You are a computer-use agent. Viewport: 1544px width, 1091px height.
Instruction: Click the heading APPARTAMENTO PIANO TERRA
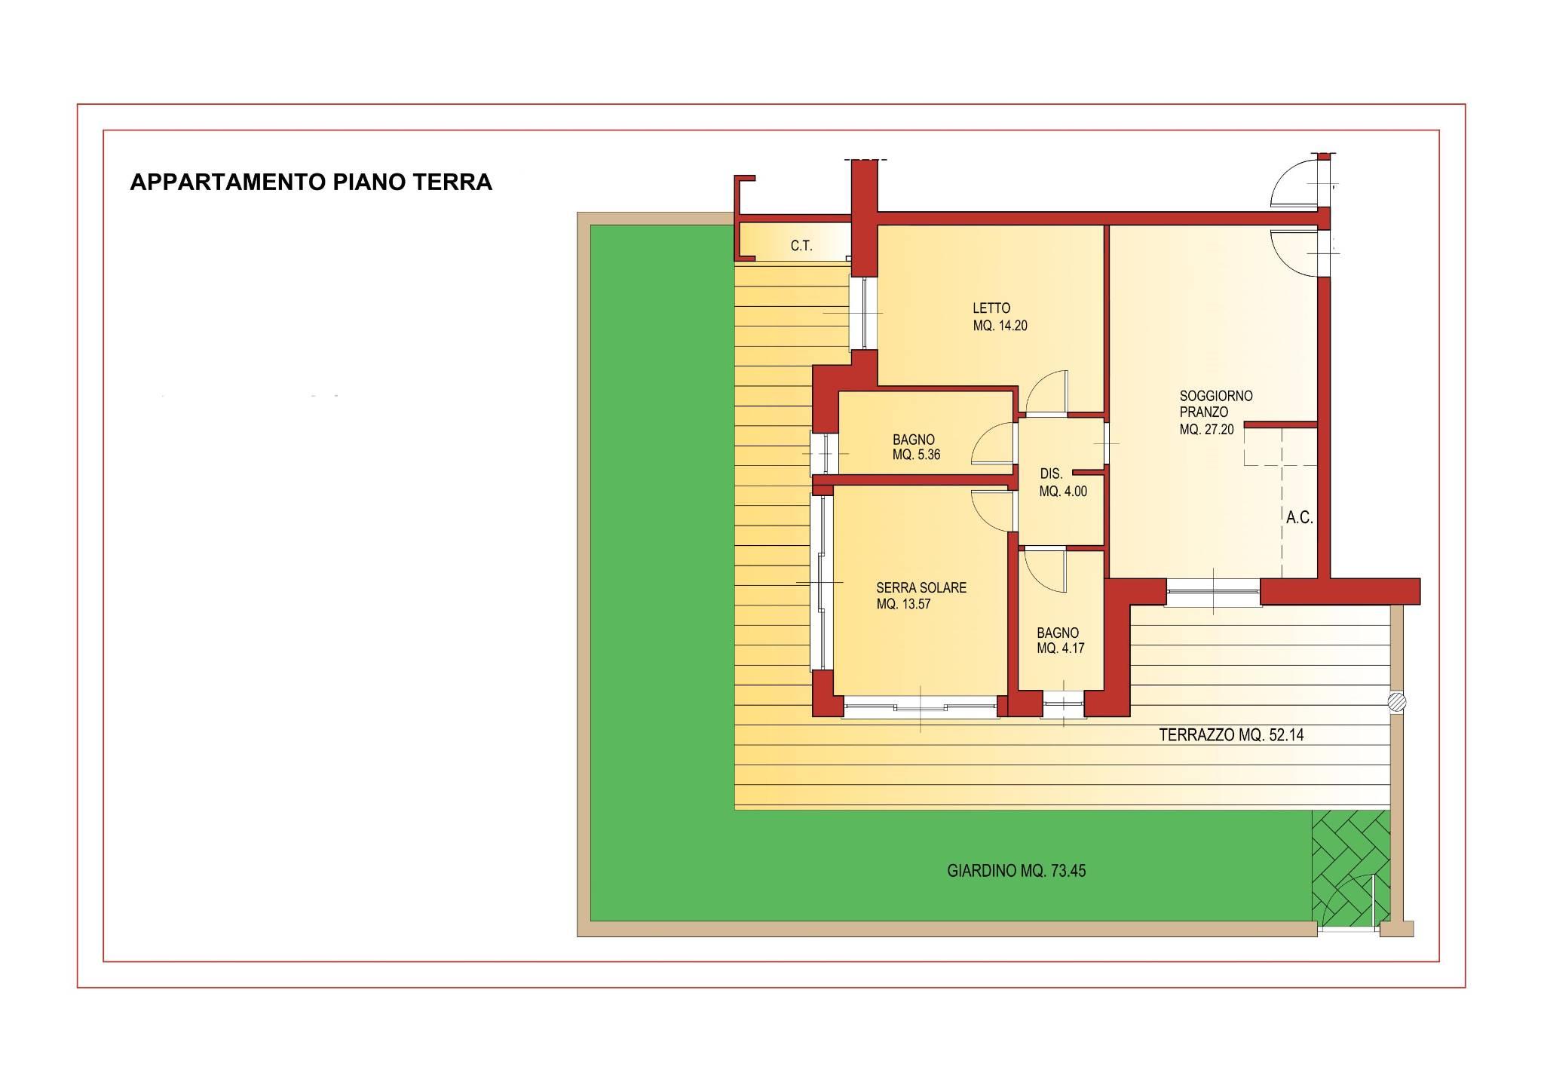pos(311,182)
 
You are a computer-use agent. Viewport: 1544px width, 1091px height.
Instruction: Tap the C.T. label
pos(801,246)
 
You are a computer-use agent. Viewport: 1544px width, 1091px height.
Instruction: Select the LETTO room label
pos(991,308)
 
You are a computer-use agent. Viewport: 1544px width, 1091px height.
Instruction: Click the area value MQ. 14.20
pos(1000,326)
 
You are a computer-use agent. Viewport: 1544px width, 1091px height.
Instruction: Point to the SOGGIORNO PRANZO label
pos(1205,404)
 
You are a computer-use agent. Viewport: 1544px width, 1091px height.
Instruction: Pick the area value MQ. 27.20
pos(1207,430)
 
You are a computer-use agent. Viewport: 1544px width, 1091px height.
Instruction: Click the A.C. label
pos(1300,518)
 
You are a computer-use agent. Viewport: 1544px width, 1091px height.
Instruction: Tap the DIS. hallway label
pos(1051,474)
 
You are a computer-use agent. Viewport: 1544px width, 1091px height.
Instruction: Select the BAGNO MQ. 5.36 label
pos(916,447)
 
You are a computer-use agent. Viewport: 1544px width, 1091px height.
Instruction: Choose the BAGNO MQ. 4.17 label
pos(1060,641)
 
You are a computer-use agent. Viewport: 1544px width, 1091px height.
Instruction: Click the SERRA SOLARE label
pos(921,588)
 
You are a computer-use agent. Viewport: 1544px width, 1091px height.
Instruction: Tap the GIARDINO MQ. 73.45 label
pos(1016,871)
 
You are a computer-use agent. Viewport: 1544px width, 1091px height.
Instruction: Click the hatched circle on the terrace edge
pos(1397,702)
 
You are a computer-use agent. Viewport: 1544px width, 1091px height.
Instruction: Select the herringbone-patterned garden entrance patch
pos(1350,868)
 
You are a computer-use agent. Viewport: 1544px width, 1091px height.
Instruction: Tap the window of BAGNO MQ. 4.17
pos(1063,705)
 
